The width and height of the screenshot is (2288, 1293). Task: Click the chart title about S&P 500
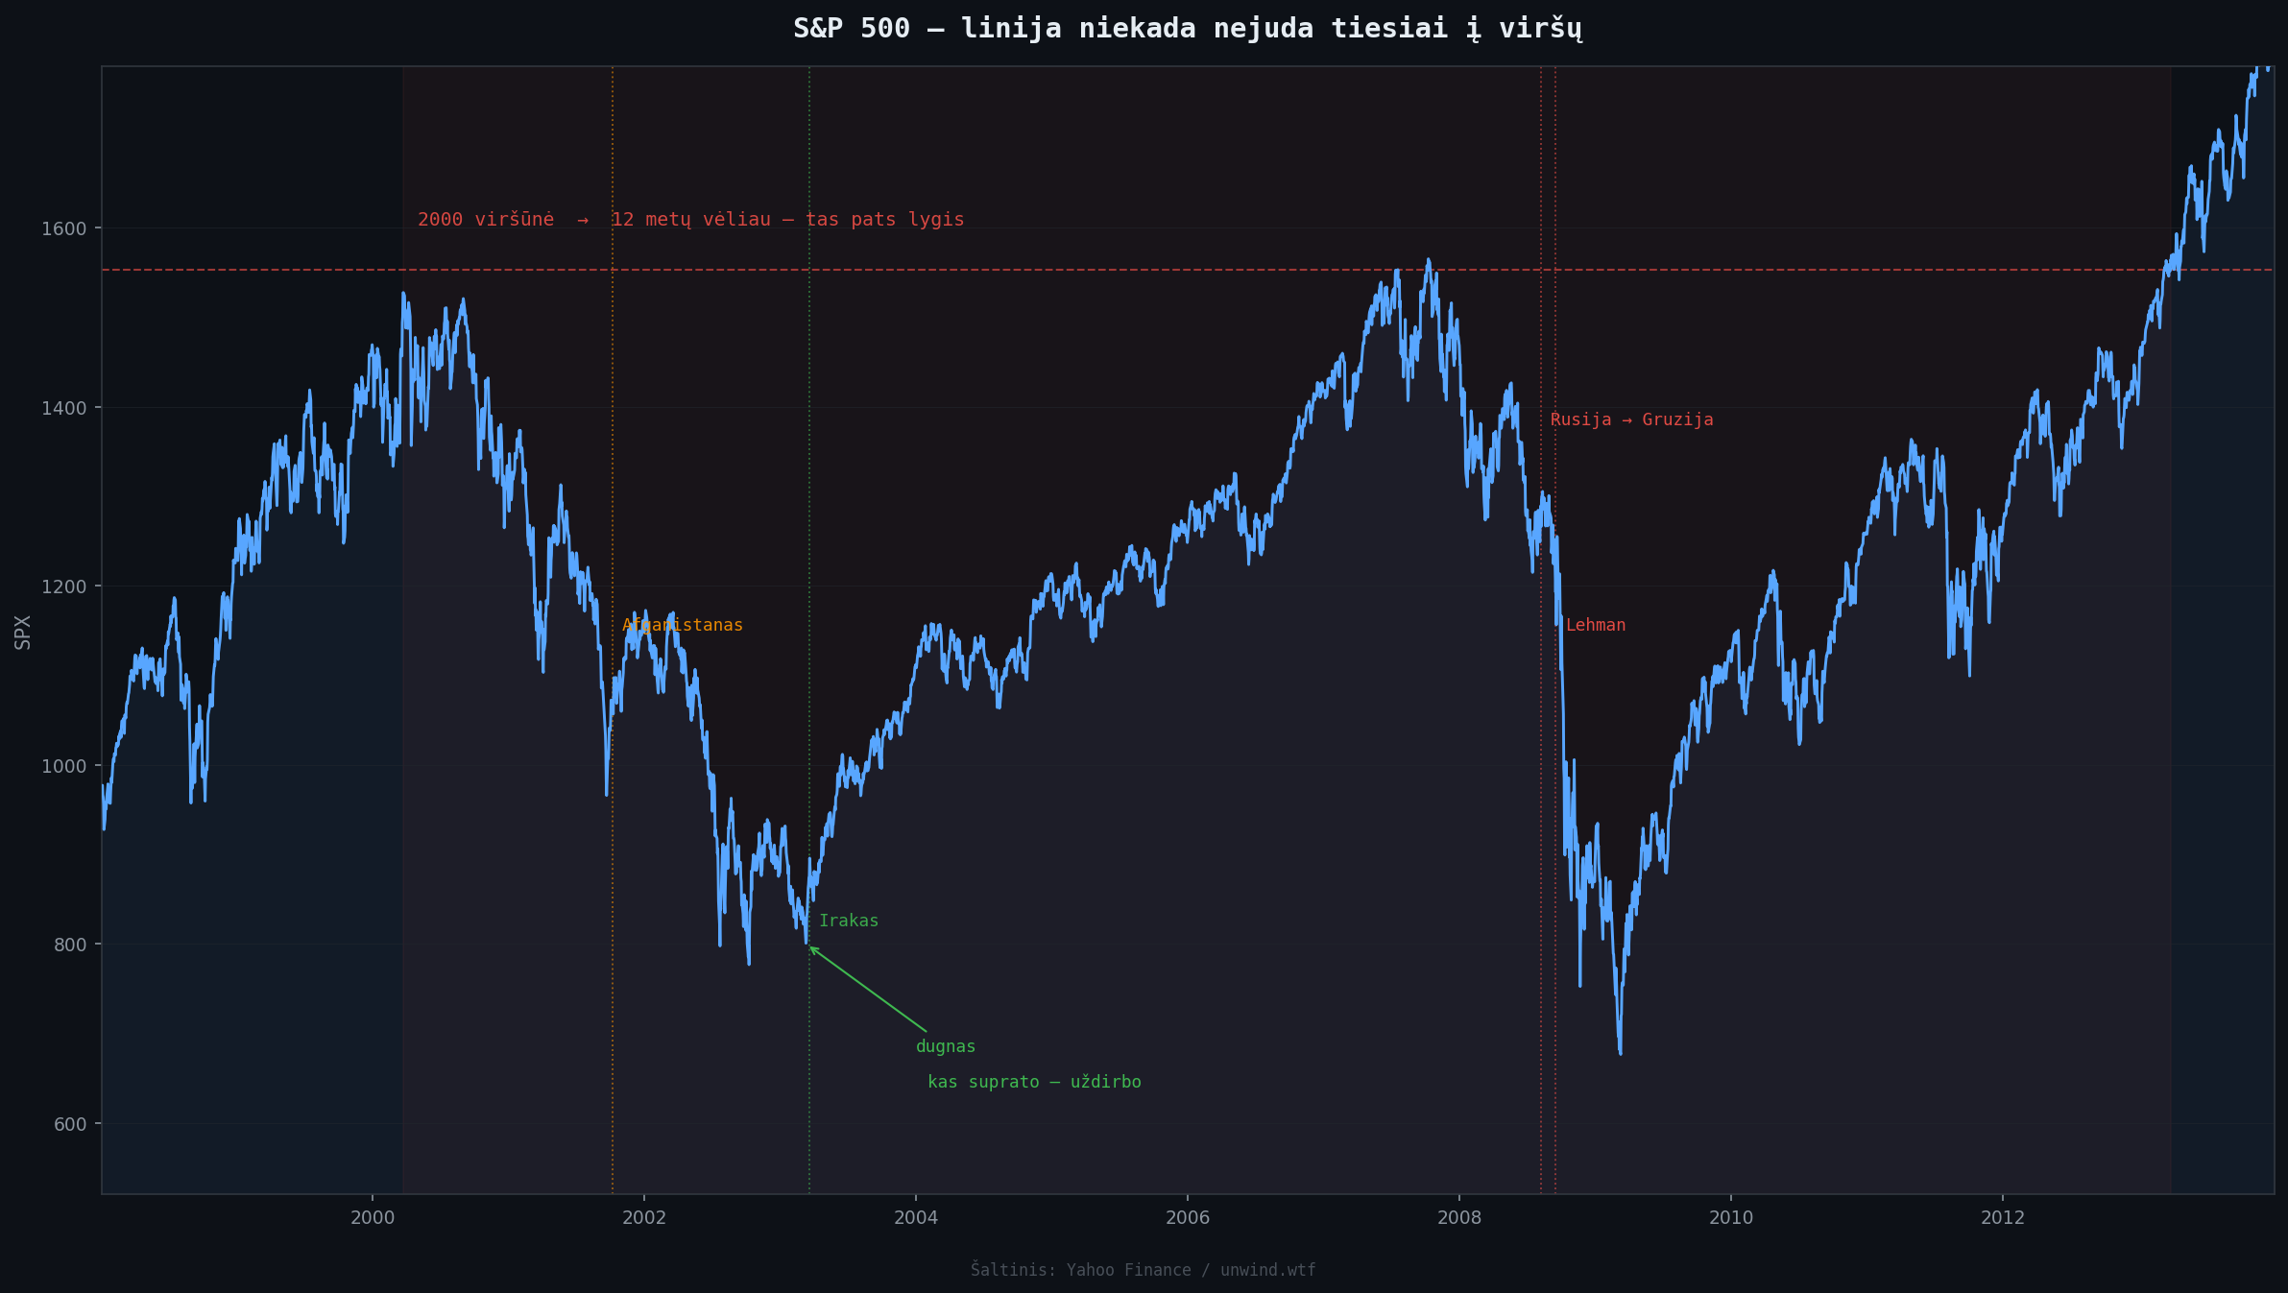(1188, 29)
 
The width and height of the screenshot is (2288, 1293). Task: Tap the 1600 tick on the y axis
(63, 228)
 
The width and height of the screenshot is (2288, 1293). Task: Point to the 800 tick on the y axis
(68, 945)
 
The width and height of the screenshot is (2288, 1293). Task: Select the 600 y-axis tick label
(68, 1124)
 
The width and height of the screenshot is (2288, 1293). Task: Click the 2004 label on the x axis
(915, 1218)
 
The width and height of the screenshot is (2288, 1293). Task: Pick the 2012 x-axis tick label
(2002, 1218)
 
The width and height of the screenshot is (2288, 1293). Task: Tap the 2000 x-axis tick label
(372, 1218)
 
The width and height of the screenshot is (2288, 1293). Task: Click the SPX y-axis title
(23, 632)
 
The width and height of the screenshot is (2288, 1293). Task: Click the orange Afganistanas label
(682, 625)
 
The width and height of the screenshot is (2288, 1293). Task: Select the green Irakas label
(848, 921)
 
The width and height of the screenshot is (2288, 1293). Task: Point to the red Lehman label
(1595, 625)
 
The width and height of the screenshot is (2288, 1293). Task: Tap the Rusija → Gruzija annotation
(1631, 419)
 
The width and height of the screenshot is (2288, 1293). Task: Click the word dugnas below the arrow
(945, 1046)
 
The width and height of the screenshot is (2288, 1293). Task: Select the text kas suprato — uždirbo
(1034, 1082)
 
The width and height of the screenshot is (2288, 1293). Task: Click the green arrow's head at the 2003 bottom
(810, 947)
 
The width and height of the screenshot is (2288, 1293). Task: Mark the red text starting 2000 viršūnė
(690, 219)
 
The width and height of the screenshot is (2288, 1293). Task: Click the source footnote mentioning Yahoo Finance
(1143, 1270)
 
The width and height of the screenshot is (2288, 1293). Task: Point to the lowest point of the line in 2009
(1621, 1053)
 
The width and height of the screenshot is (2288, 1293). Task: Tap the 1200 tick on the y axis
(63, 587)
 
